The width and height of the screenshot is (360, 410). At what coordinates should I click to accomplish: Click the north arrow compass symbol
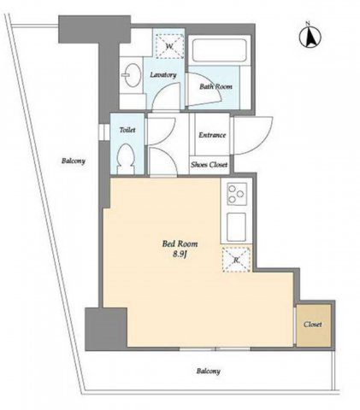tap(310, 36)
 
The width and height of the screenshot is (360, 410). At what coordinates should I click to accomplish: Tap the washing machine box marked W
tap(169, 46)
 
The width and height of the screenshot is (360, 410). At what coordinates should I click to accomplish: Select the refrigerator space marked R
tap(236, 260)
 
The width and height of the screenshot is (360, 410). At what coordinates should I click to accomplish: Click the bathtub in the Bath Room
tap(219, 50)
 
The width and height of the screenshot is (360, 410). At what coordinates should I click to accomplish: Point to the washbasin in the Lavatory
tap(133, 74)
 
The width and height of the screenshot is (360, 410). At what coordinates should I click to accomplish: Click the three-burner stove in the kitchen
tap(237, 194)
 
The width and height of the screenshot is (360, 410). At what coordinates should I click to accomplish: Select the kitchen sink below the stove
tap(237, 226)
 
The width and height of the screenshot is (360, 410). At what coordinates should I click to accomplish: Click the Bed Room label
tap(180, 243)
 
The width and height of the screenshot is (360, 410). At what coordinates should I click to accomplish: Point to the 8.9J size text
tap(180, 255)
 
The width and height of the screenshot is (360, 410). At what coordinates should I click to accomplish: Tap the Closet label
tap(313, 325)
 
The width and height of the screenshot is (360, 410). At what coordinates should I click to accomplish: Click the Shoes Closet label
tap(210, 165)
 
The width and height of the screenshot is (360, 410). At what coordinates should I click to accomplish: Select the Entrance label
tap(212, 135)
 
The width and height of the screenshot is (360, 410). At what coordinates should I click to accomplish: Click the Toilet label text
tap(127, 130)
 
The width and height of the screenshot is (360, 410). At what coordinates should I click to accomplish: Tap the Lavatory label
tap(163, 75)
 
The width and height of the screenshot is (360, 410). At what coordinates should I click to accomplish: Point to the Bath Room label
tap(215, 86)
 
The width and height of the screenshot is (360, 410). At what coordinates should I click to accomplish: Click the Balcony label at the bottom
tap(208, 371)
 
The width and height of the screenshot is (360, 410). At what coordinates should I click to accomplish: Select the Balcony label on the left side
tap(74, 161)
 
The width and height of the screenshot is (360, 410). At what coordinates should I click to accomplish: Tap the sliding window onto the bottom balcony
tap(215, 348)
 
